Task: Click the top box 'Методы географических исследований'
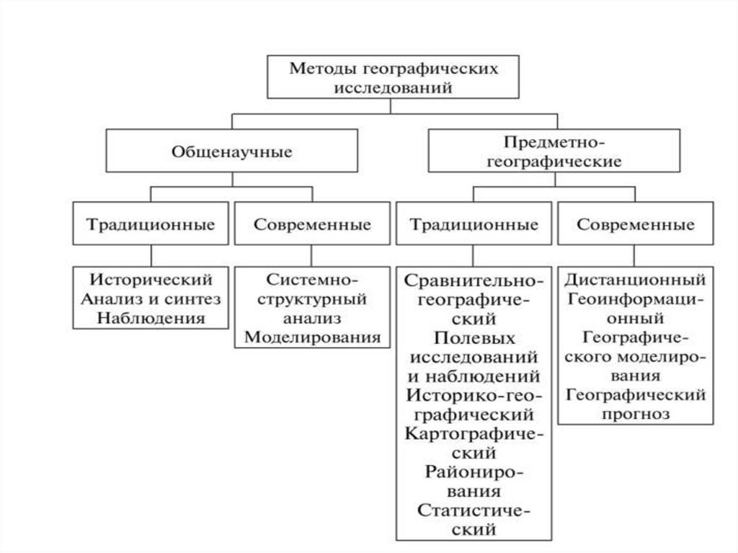[394, 78]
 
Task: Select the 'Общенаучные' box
[231, 152]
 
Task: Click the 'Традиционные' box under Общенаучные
[151, 224]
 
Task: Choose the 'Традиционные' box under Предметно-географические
[474, 224]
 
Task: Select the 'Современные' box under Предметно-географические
[635, 224]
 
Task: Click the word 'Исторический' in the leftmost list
[151, 279]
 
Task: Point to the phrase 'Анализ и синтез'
[151, 298]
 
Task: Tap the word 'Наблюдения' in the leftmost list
[151, 317]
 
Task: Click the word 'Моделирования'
[312, 336]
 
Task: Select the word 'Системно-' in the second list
[312, 279]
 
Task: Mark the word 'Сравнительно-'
[474, 280]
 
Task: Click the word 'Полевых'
[474, 337]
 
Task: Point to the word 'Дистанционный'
[635, 278]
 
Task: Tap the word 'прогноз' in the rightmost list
[635, 414]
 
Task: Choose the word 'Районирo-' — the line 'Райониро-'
[474, 473]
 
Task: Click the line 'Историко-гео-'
[474, 395]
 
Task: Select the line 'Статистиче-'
[474, 511]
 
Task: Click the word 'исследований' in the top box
[394, 88]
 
